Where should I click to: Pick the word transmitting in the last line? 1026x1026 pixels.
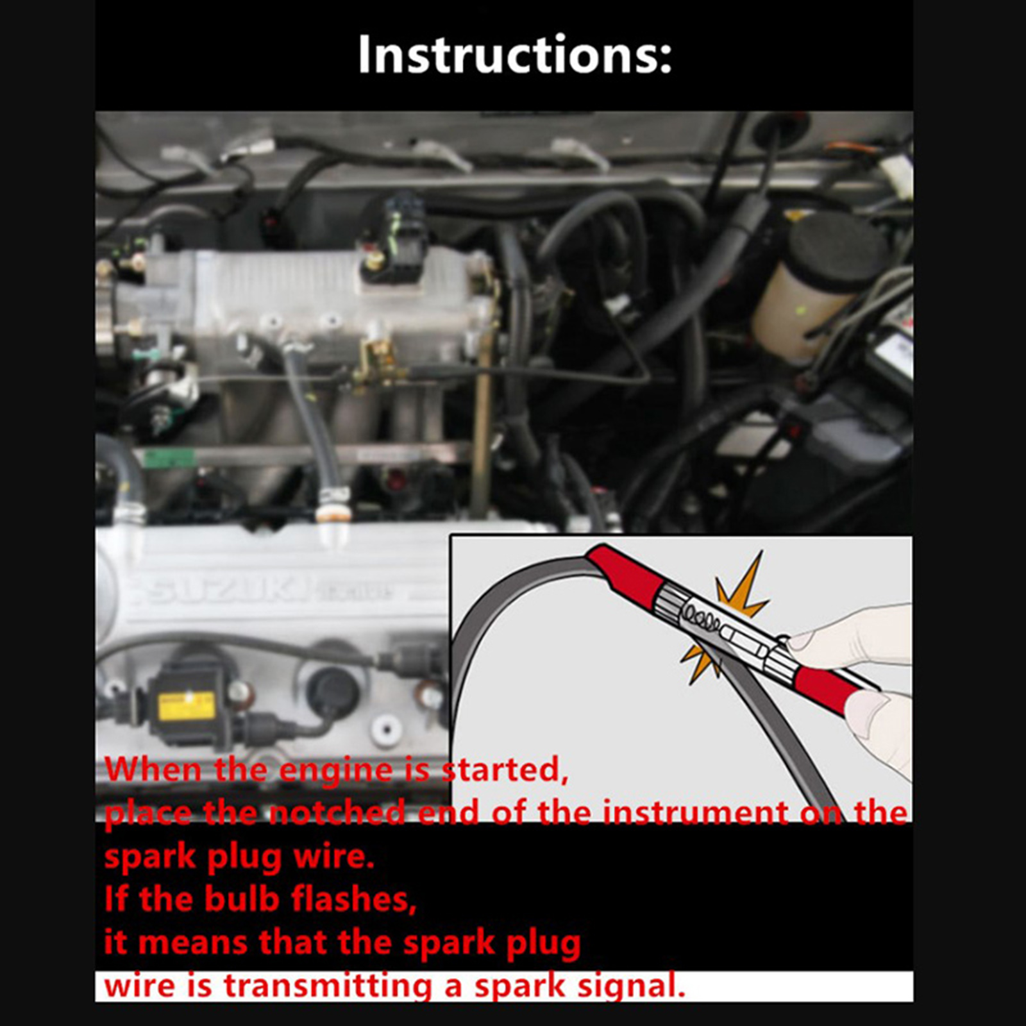coord(327,986)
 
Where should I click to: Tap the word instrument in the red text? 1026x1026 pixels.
coord(696,812)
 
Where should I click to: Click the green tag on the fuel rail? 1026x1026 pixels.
coord(168,458)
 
